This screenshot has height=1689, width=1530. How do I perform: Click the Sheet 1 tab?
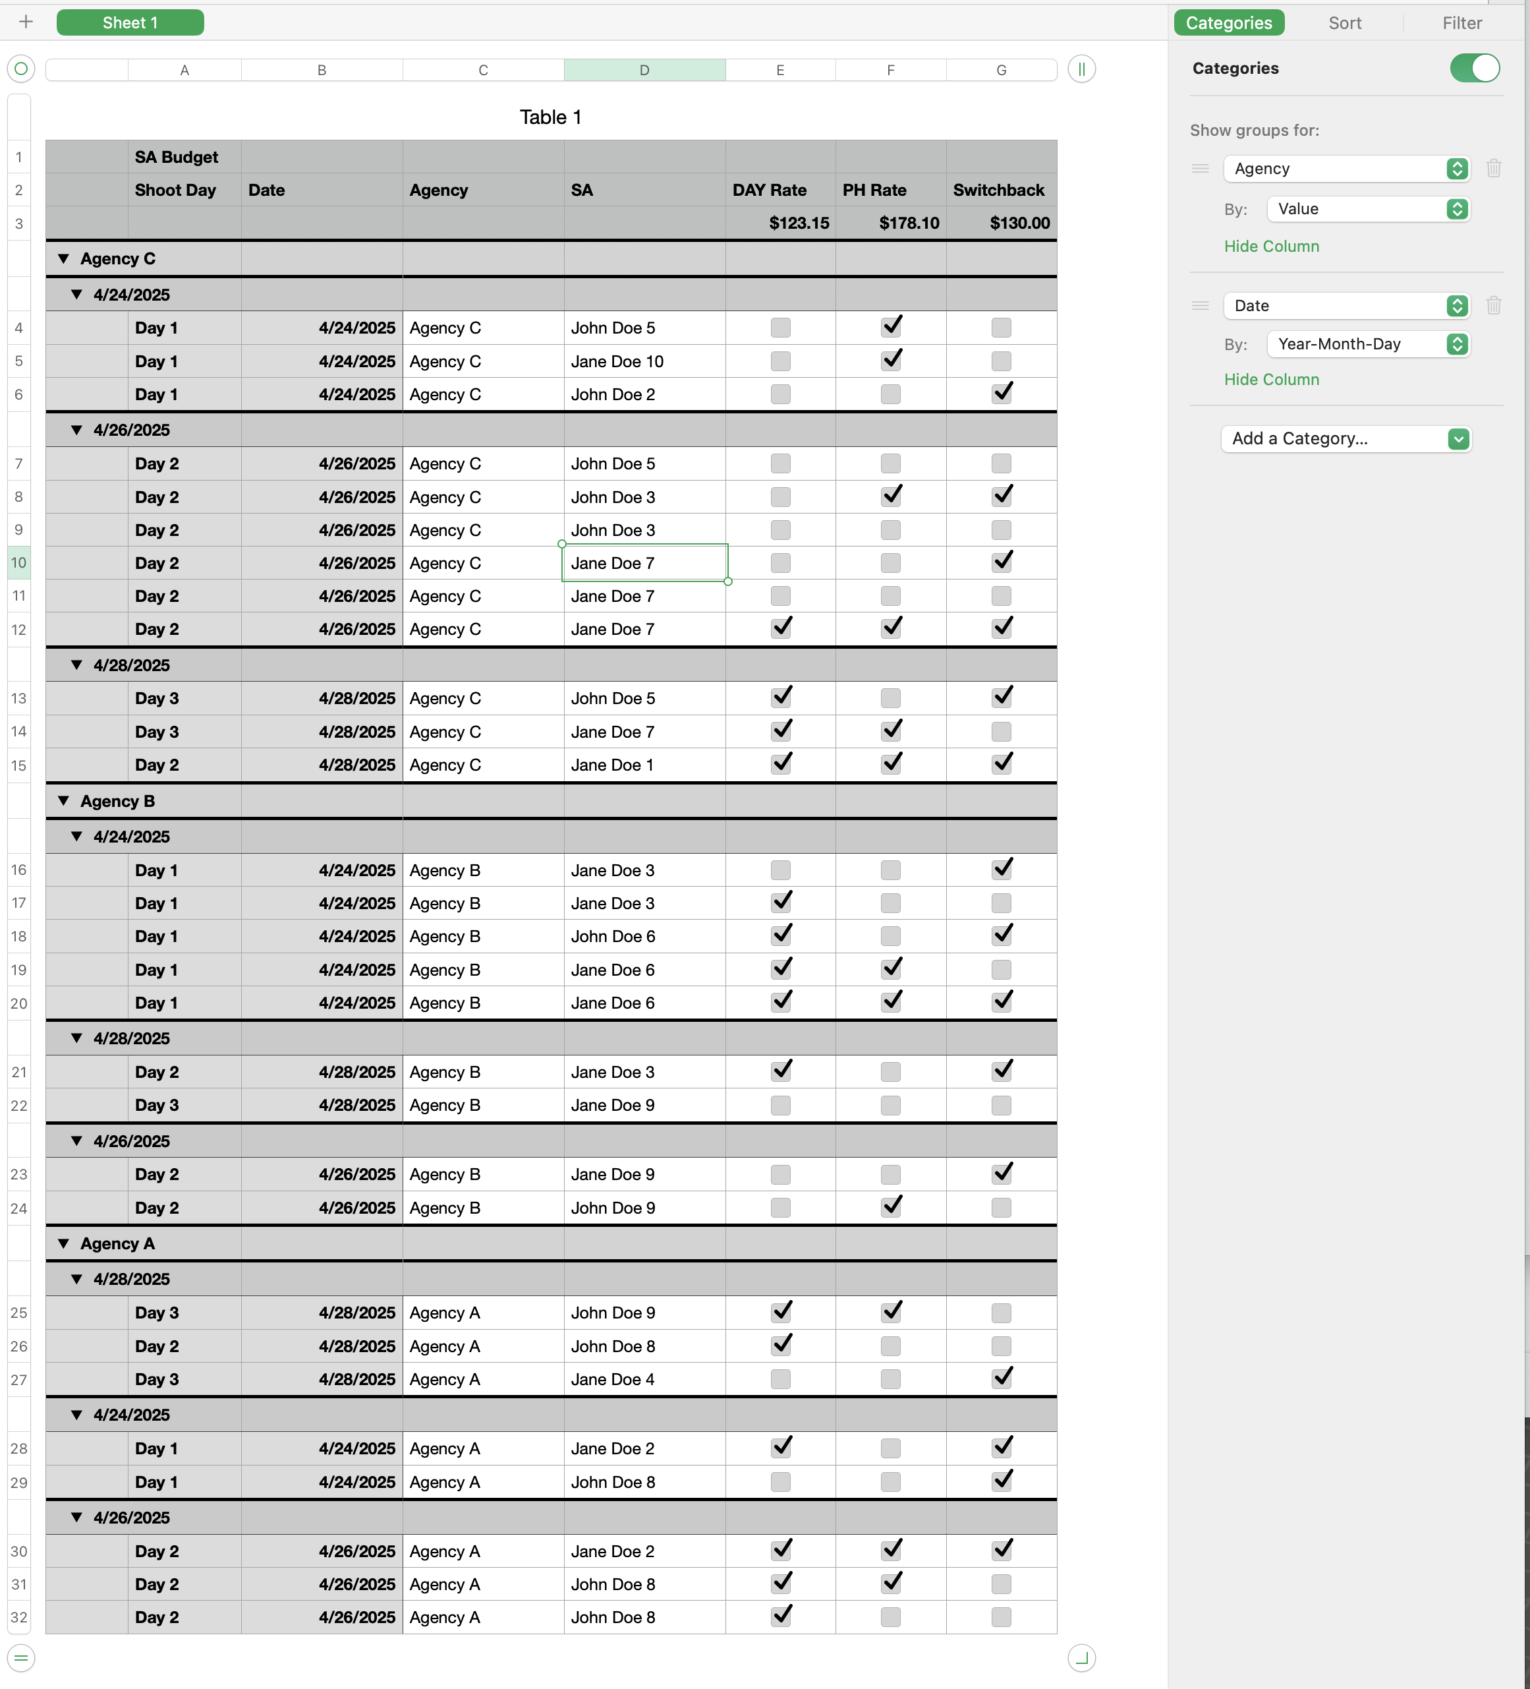point(130,22)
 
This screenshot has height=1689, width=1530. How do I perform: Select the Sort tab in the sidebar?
point(1344,22)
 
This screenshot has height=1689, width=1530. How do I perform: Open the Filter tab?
point(1461,22)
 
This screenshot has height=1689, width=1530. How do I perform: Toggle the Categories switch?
point(1474,68)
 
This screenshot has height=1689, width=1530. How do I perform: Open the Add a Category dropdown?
point(1345,438)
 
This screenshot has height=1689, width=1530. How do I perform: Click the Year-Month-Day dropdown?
point(1367,344)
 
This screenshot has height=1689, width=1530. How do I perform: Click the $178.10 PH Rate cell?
point(890,223)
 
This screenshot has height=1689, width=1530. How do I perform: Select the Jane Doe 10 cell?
point(643,361)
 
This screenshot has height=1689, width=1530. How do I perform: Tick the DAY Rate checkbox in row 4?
point(779,328)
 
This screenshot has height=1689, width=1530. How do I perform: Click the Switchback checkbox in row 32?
point(1001,1617)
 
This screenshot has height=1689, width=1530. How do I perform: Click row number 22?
point(18,1105)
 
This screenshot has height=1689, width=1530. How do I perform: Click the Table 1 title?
point(550,117)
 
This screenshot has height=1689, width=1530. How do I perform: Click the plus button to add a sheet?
point(26,22)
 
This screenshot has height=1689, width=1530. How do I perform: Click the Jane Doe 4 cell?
point(643,1379)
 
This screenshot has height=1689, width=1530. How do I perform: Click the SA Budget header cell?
point(184,157)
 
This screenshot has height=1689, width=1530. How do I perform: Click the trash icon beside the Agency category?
point(1493,168)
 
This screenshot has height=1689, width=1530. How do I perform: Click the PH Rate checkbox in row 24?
point(890,1207)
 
